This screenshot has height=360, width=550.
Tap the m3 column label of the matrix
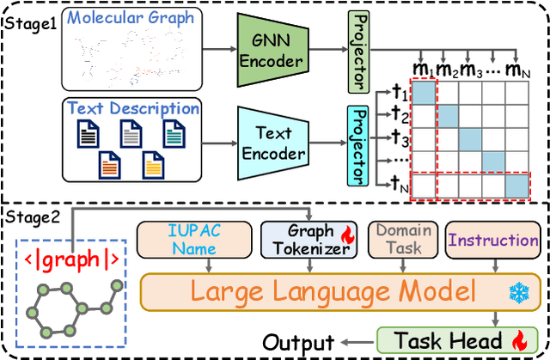click(x=469, y=68)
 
